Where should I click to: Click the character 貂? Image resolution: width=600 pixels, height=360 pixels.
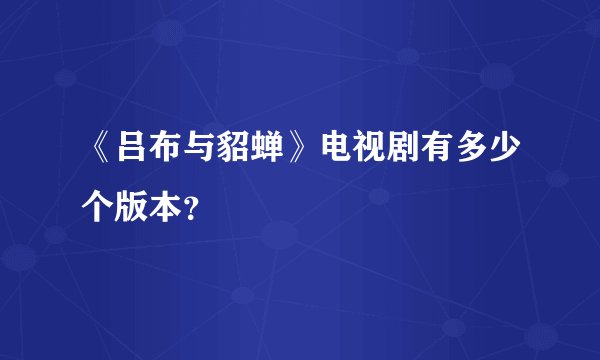(232, 152)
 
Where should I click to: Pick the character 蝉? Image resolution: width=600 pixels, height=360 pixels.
(266, 152)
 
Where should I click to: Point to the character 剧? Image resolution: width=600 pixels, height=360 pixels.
(402, 152)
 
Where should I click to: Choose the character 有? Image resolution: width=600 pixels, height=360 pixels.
(436, 152)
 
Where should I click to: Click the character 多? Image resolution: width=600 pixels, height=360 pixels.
(470, 152)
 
